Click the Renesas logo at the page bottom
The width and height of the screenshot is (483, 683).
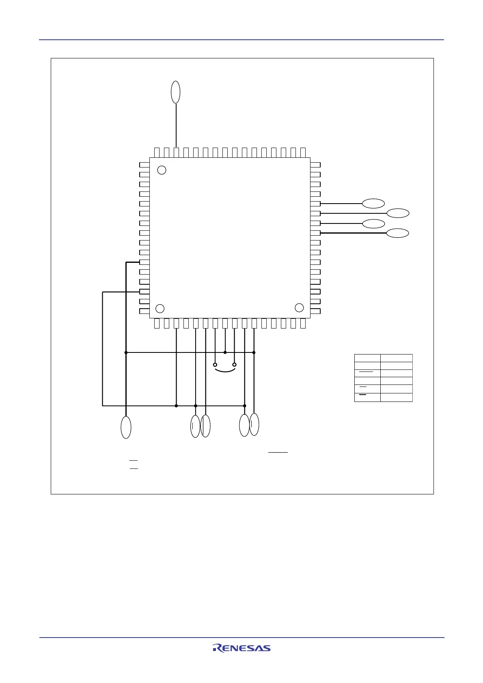[241, 648]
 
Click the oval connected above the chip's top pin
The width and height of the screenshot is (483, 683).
[176, 92]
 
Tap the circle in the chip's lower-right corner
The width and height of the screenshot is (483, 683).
[299, 308]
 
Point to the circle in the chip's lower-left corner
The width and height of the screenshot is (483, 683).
[160, 309]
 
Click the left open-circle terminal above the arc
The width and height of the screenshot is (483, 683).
[215, 365]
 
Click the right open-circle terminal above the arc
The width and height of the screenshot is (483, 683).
[234, 365]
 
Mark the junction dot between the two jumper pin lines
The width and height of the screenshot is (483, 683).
[225, 352]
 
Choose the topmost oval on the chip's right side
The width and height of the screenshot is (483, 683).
[373, 204]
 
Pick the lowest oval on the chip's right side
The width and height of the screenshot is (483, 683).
[397, 233]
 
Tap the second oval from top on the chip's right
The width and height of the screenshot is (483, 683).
[398, 213]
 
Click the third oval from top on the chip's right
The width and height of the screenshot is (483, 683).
[373, 223]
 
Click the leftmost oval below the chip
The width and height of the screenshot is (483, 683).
[126, 427]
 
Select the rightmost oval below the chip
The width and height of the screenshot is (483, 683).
[254, 424]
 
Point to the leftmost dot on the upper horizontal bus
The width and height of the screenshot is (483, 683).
[126, 352]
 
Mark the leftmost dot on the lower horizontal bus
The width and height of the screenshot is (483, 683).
[176, 406]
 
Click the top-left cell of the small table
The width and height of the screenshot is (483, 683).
[367, 358]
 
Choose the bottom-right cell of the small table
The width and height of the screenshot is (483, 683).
[396, 397]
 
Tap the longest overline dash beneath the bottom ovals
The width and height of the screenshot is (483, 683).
[278, 452]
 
